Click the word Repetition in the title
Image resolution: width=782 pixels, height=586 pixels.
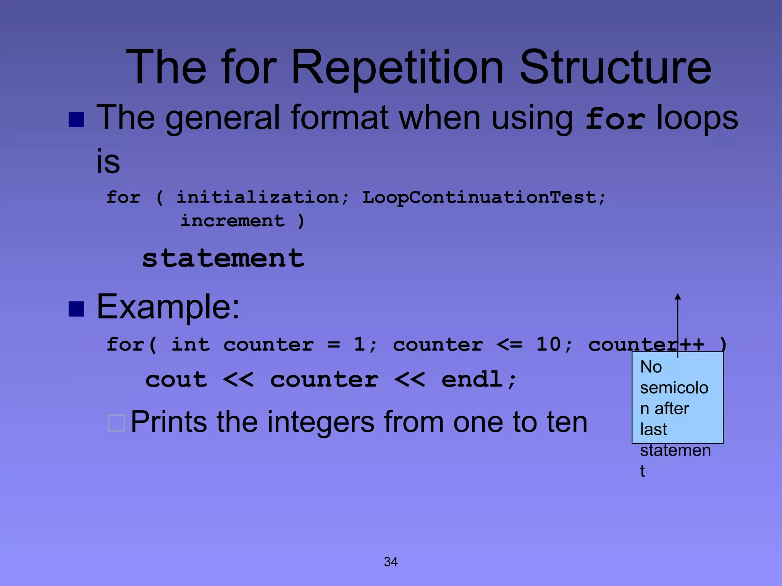(397, 68)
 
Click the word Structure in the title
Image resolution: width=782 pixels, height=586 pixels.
(615, 68)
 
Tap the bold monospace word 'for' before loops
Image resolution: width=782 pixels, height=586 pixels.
(615, 119)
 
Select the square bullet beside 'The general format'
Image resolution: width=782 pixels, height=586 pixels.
(76, 119)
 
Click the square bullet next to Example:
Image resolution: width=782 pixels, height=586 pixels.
(76, 309)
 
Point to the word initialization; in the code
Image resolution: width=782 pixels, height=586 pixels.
(262, 198)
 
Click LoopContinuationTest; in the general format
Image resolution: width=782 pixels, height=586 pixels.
(483, 198)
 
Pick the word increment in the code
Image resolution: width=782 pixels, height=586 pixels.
(233, 221)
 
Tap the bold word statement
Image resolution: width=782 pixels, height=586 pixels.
(223, 258)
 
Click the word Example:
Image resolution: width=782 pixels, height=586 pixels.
(168, 307)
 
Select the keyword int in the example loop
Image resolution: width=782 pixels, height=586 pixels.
(190, 345)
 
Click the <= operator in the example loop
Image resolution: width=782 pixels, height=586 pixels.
(509, 345)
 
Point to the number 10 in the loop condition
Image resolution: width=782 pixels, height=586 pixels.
(549, 345)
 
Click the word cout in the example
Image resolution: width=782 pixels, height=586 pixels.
(176, 380)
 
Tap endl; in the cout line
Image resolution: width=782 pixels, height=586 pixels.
(479, 380)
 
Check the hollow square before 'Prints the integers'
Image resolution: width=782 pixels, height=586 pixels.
(116, 423)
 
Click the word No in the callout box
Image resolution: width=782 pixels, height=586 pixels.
(651, 367)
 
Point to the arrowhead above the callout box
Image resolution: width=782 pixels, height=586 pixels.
(678, 296)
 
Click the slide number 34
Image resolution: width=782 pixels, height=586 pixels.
(391, 562)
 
